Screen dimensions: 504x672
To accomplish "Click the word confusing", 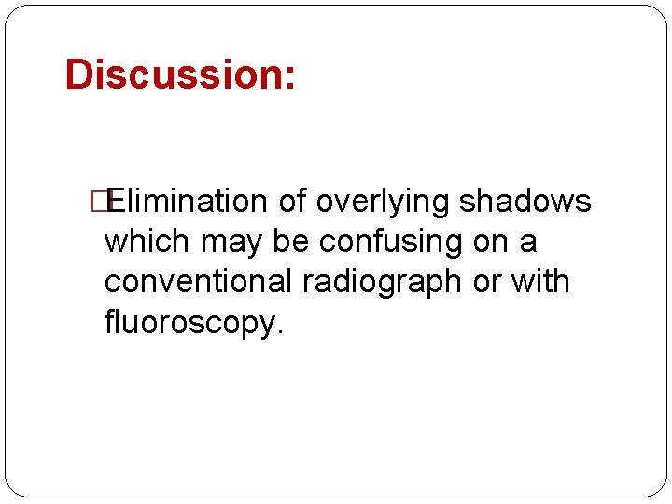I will coord(392,242).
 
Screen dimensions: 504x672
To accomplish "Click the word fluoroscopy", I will coord(189,323).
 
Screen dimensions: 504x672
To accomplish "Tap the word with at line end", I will coord(538,282).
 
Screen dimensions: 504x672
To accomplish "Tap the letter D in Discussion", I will coord(78,75).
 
